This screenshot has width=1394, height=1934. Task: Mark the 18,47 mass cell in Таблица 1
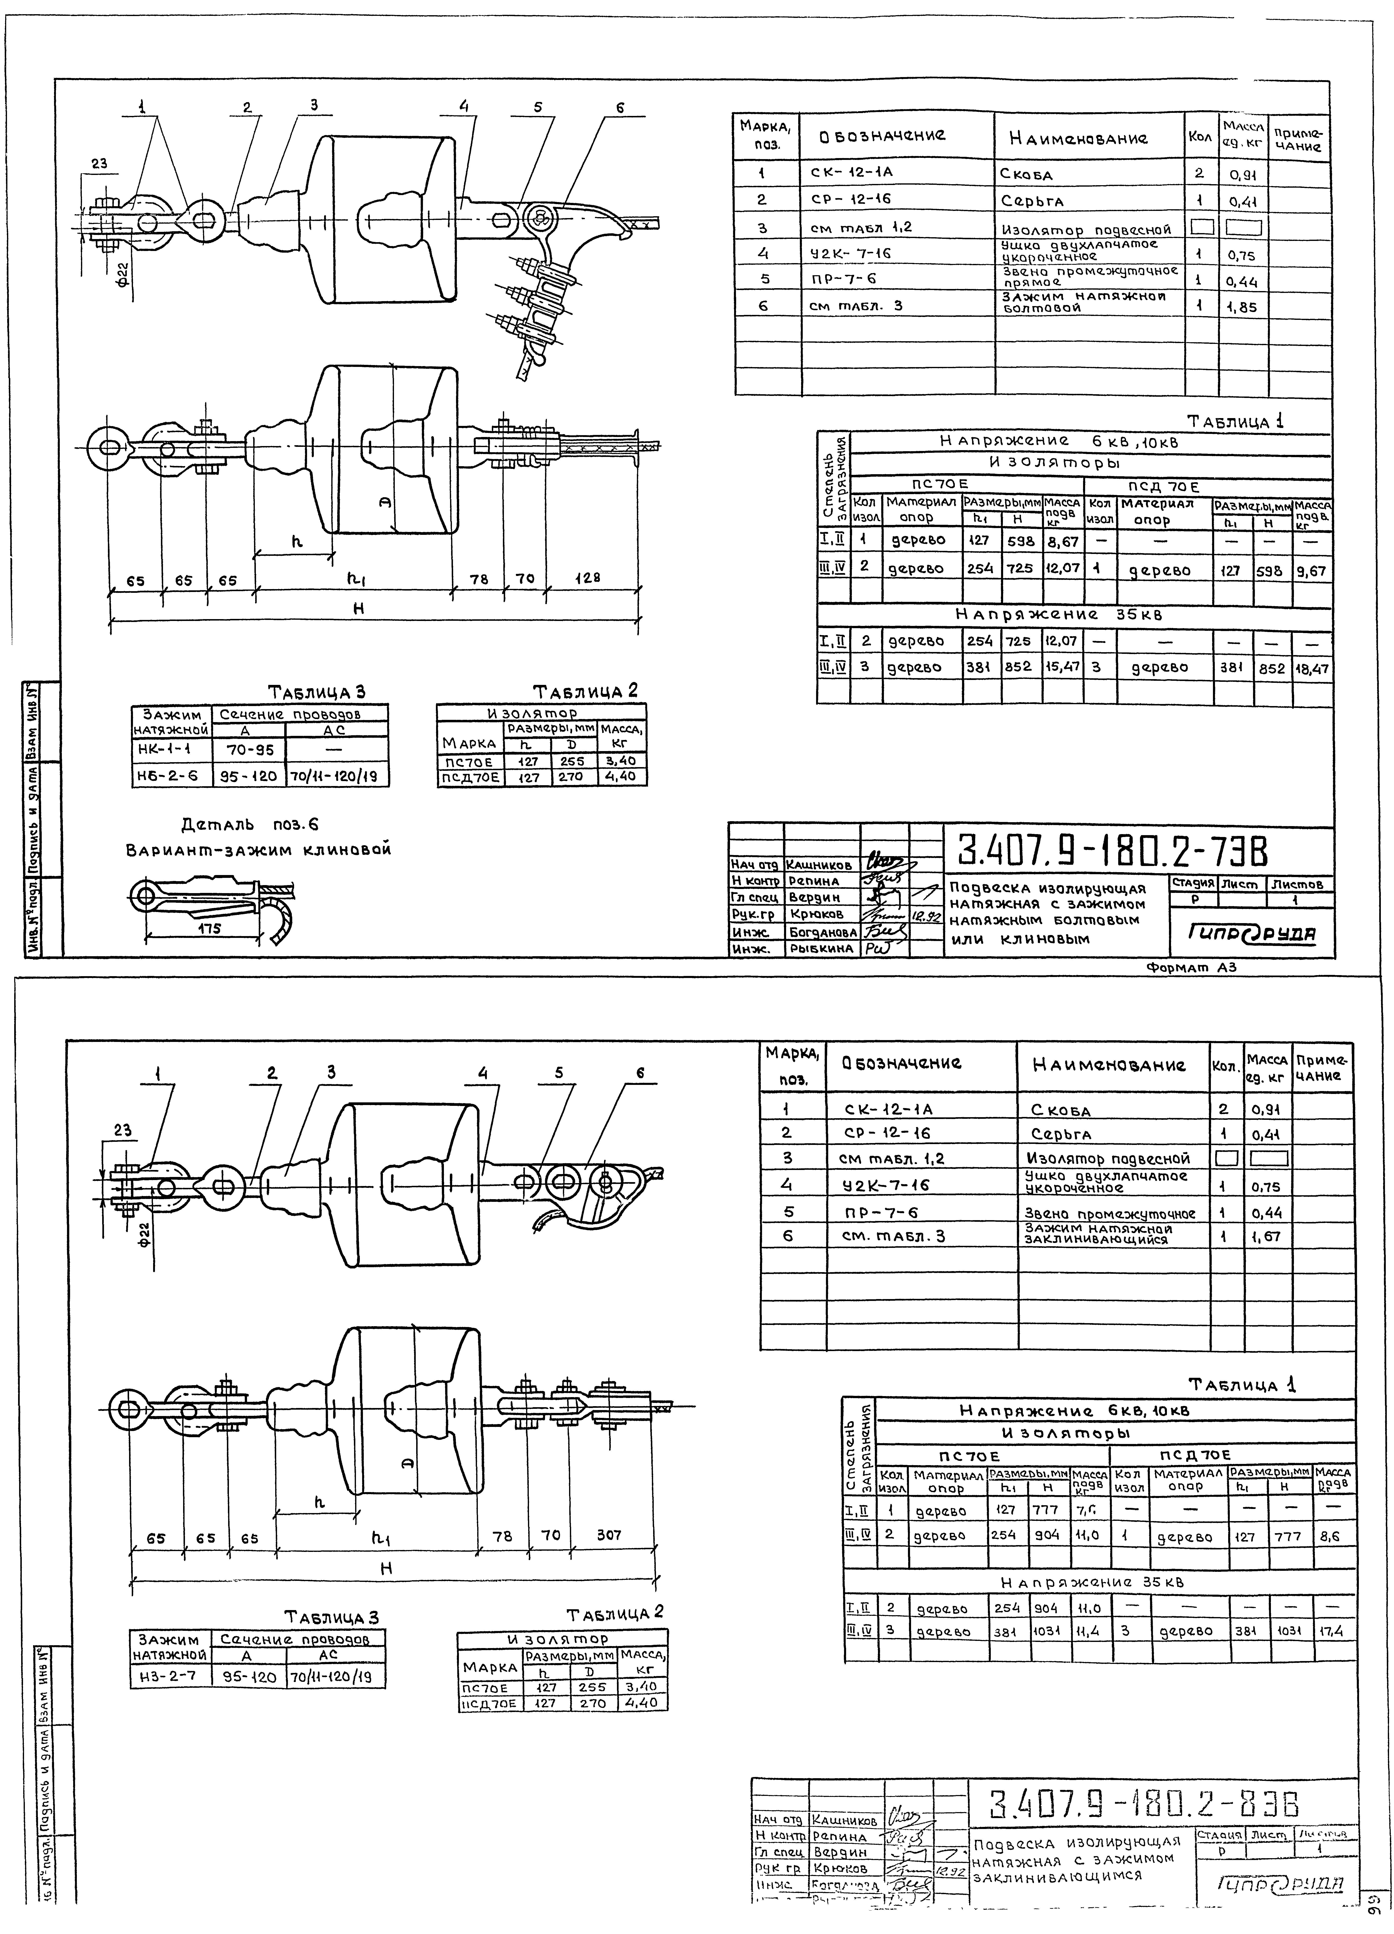[x=1312, y=668]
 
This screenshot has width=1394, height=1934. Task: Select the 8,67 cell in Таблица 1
[x=1062, y=541]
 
